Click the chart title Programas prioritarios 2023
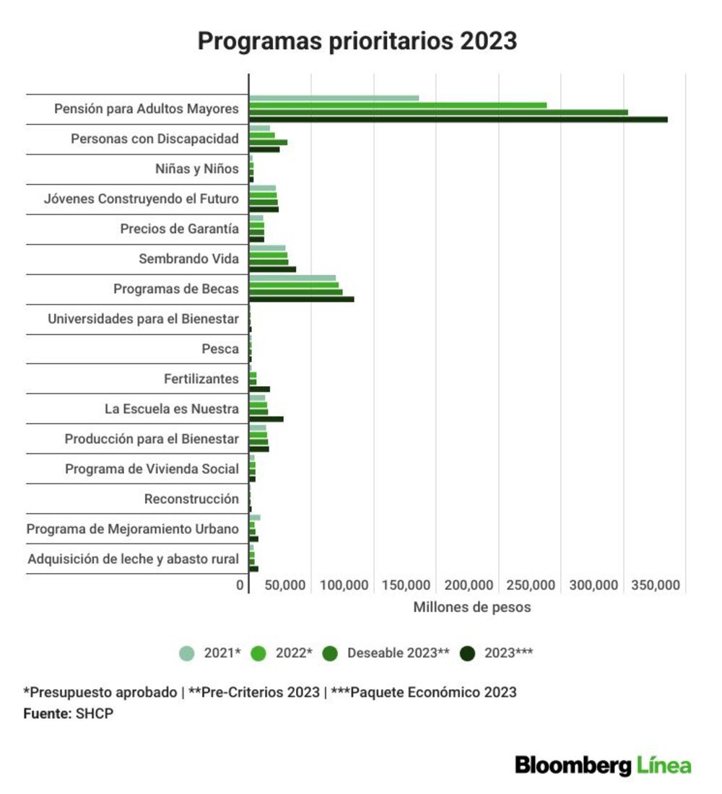(x=357, y=41)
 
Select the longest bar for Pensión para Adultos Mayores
(x=458, y=120)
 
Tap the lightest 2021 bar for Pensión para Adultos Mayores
(x=334, y=98)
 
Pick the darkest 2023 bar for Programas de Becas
(x=302, y=300)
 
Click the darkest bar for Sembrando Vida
(x=273, y=269)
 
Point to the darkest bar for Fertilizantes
(x=259, y=389)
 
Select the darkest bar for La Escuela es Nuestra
(x=266, y=419)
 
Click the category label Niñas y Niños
(x=196, y=169)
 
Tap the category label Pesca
(x=220, y=349)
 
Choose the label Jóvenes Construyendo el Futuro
(x=142, y=198)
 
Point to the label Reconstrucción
(x=191, y=499)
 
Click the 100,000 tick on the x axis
(x=344, y=585)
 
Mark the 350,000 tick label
(x=656, y=585)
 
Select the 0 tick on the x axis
(x=240, y=585)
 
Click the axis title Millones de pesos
(x=472, y=607)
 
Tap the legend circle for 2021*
(x=187, y=653)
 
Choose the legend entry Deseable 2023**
(x=386, y=653)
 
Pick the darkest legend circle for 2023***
(x=467, y=653)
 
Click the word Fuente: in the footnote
(x=48, y=713)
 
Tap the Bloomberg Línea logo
(x=603, y=765)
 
